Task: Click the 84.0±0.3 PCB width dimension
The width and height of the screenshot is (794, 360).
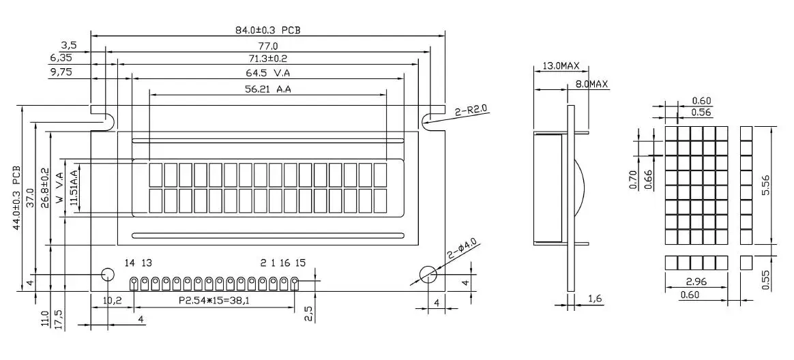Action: (x=268, y=29)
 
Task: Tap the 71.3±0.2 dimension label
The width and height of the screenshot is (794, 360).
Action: (x=268, y=59)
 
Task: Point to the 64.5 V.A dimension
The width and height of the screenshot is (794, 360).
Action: (x=268, y=73)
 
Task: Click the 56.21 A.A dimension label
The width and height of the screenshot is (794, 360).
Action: (x=268, y=89)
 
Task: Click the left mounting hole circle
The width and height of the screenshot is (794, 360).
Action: (x=107, y=275)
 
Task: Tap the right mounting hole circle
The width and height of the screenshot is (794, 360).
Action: (x=428, y=275)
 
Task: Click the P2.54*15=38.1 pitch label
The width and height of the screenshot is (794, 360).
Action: (x=214, y=300)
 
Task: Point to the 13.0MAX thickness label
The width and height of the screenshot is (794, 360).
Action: (x=561, y=66)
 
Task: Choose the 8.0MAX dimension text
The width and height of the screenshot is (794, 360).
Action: (x=591, y=84)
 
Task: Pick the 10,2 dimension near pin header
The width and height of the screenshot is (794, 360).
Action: (x=112, y=300)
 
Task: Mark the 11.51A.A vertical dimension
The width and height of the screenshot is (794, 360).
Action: (x=74, y=190)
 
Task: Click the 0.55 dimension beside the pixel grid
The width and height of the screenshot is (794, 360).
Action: (x=765, y=280)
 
